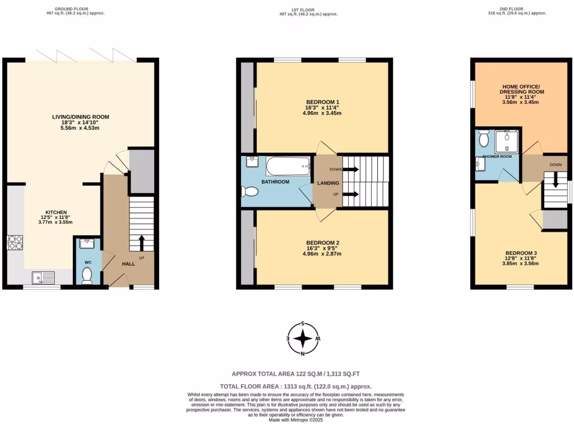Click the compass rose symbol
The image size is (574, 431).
click(x=303, y=338)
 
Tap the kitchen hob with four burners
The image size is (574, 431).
click(x=15, y=242)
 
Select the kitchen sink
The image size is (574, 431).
click(x=43, y=277)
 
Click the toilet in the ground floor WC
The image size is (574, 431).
click(x=87, y=275)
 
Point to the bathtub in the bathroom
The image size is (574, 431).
click(x=288, y=166)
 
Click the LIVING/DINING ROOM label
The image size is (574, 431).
click(x=85, y=117)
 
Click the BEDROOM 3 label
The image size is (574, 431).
click(x=521, y=253)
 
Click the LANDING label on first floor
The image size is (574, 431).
click(x=327, y=182)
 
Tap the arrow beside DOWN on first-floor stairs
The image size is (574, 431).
click(x=351, y=169)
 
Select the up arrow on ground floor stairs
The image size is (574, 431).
click(x=141, y=242)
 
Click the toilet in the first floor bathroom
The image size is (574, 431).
click(x=251, y=192)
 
